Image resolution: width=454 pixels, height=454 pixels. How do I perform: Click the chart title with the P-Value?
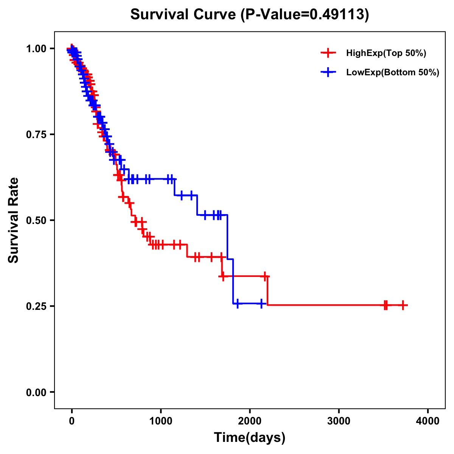click(x=249, y=14)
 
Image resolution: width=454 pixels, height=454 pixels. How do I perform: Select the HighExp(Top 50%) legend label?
click(x=386, y=53)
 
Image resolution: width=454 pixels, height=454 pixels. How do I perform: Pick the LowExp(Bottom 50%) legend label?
click(x=393, y=73)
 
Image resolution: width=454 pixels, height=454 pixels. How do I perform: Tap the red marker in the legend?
click(x=328, y=53)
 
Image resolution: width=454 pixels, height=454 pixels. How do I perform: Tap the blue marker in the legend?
click(x=328, y=72)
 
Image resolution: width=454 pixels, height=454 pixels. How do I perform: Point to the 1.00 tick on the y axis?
click(x=36, y=48)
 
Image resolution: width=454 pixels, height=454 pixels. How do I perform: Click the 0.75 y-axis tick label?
click(x=36, y=134)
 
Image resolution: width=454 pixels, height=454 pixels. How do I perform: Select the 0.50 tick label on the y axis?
click(x=36, y=220)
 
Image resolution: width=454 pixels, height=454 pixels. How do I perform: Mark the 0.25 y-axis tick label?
click(x=36, y=306)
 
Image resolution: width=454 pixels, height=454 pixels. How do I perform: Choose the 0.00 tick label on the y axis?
click(x=36, y=392)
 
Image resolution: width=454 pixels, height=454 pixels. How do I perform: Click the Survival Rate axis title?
click(x=14, y=220)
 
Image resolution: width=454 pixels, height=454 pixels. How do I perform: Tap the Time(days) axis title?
click(x=250, y=438)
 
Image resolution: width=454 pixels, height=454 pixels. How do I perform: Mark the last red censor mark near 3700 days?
click(x=403, y=305)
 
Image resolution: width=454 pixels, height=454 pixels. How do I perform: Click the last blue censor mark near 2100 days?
click(x=261, y=303)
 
